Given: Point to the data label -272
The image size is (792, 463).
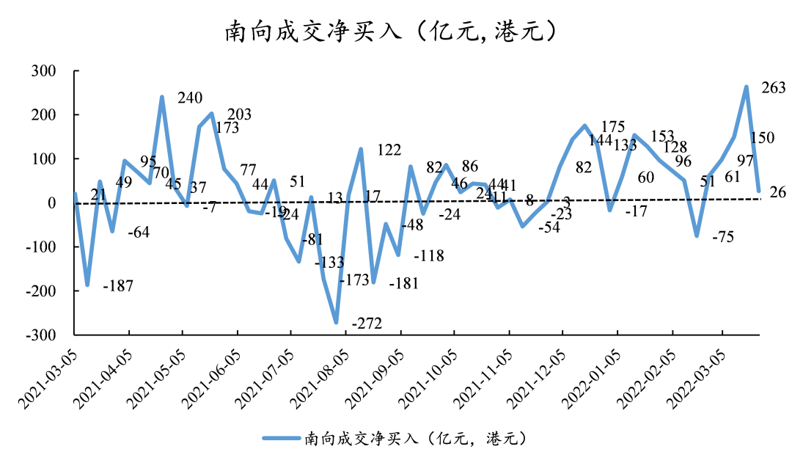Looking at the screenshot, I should click(x=367, y=324).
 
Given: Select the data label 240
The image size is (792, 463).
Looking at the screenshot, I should click(x=190, y=98).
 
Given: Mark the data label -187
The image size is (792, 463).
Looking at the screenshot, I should click(x=118, y=286).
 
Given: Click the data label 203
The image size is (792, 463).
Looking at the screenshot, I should click(x=239, y=114).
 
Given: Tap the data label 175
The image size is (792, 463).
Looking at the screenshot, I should click(x=613, y=126).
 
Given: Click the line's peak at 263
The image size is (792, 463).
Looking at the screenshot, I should click(x=747, y=87).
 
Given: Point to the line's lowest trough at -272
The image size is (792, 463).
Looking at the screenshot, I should click(x=336, y=322).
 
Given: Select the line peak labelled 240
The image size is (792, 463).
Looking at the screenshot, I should click(x=162, y=98).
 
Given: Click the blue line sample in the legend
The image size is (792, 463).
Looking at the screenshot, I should click(x=282, y=438).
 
